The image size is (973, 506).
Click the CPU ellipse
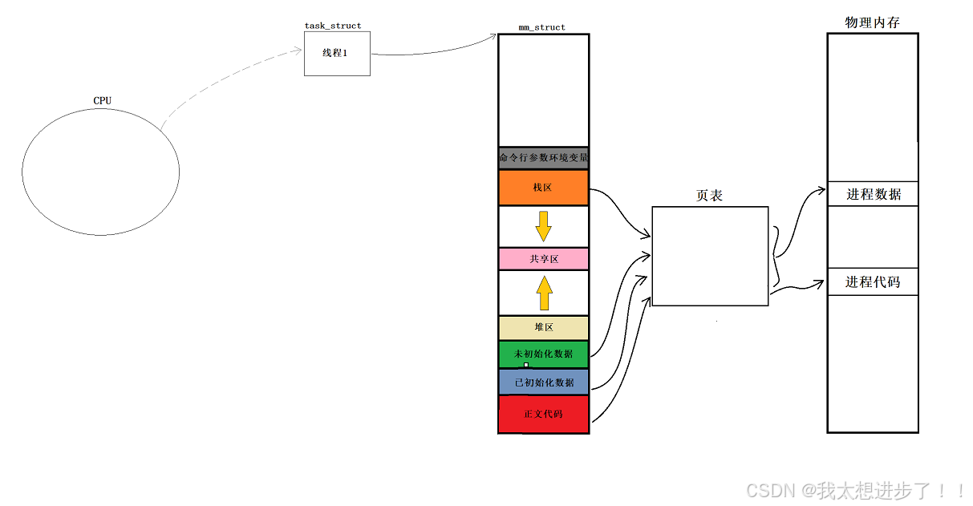click(101, 172)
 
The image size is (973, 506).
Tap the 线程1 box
click(337, 54)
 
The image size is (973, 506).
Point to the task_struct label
click(333, 26)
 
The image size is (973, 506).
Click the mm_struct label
click(542, 27)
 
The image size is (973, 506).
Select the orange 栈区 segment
click(543, 188)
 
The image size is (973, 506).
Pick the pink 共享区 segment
click(543, 259)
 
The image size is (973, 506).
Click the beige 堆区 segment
click(543, 327)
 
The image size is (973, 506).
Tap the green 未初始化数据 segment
click(543, 354)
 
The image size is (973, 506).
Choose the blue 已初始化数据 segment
click(543, 382)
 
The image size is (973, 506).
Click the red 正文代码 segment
click(543, 414)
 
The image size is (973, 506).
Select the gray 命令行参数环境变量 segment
click(543, 158)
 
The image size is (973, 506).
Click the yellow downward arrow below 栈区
click(543, 226)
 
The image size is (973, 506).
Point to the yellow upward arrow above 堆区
click(544, 293)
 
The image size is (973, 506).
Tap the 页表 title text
click(709, 195)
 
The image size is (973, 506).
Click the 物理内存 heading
click(872, 22)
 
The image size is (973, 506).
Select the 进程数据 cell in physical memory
click(873, 194)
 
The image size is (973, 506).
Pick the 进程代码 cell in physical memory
click(873, 282)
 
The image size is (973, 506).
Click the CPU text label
click(102, 100)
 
